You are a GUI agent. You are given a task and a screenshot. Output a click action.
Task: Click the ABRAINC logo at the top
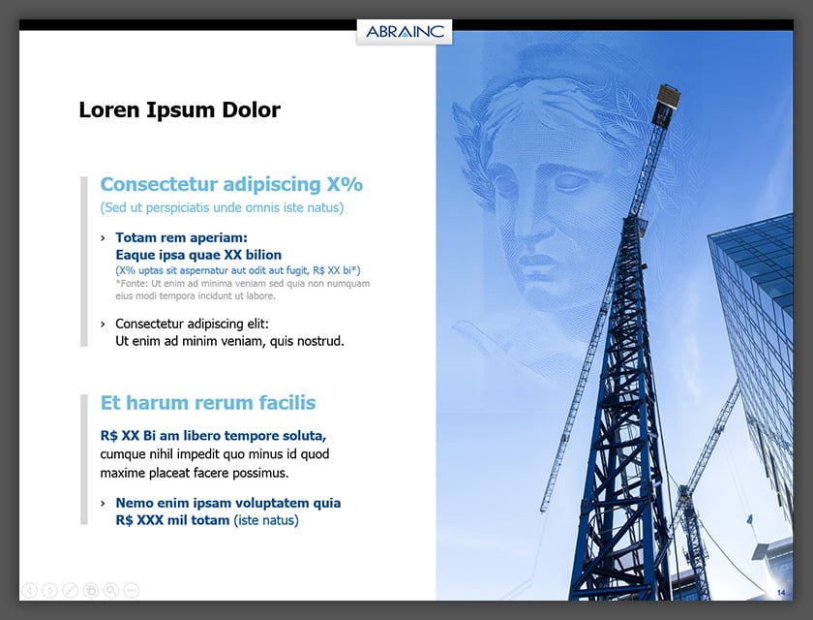(x=405, y=32)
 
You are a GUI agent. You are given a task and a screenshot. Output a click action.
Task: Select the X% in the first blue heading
(x=345, y=184)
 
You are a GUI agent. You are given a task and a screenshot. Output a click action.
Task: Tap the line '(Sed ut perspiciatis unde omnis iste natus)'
(x=222, y=207)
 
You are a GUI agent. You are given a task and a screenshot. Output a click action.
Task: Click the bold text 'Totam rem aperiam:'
(x=182, y=237)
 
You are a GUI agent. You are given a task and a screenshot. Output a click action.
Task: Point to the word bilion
(x=263, y=255)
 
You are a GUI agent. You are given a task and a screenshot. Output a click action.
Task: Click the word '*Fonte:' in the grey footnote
(x=132, y=283)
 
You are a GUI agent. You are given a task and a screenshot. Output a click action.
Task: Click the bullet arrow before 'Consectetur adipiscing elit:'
(x=104, y=325)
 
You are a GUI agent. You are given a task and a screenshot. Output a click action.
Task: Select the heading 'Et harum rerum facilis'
(x=208, y=403)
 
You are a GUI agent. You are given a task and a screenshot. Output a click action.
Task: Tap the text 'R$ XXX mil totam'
(x=172, y=520)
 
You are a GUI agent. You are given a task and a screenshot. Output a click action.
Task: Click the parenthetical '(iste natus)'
(x=266, y=520)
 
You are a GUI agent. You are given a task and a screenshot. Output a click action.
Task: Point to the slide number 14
(x=781, y=593)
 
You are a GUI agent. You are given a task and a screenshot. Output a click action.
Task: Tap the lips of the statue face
(x=539, y=261)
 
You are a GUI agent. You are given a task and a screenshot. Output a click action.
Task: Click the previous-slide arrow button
(x=30, y=590)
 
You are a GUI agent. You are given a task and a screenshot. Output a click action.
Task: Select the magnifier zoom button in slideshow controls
(x=111, y=590)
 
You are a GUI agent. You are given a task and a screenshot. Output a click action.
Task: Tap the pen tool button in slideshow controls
(x=70, y=590)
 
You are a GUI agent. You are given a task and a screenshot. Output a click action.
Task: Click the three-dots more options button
(x=132, y=590)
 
